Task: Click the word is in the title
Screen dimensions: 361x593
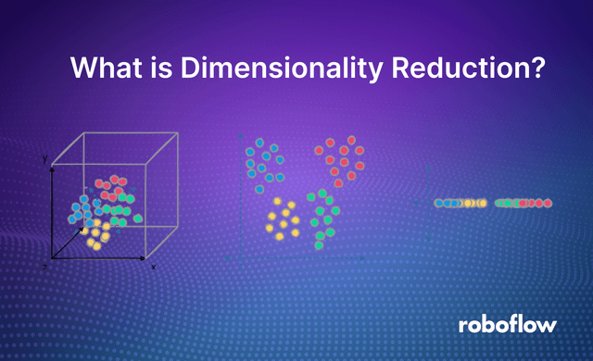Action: (151, 68)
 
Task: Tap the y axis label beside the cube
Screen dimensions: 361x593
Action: (44, 160)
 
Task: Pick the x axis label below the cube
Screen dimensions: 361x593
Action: (152, 268)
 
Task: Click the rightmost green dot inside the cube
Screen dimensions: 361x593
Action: (138, 218)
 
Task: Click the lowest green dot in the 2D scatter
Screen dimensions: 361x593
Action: (320, 245)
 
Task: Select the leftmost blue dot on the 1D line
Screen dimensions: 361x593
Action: (439, 203)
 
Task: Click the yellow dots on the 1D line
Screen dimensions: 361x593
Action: (473, 203)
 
